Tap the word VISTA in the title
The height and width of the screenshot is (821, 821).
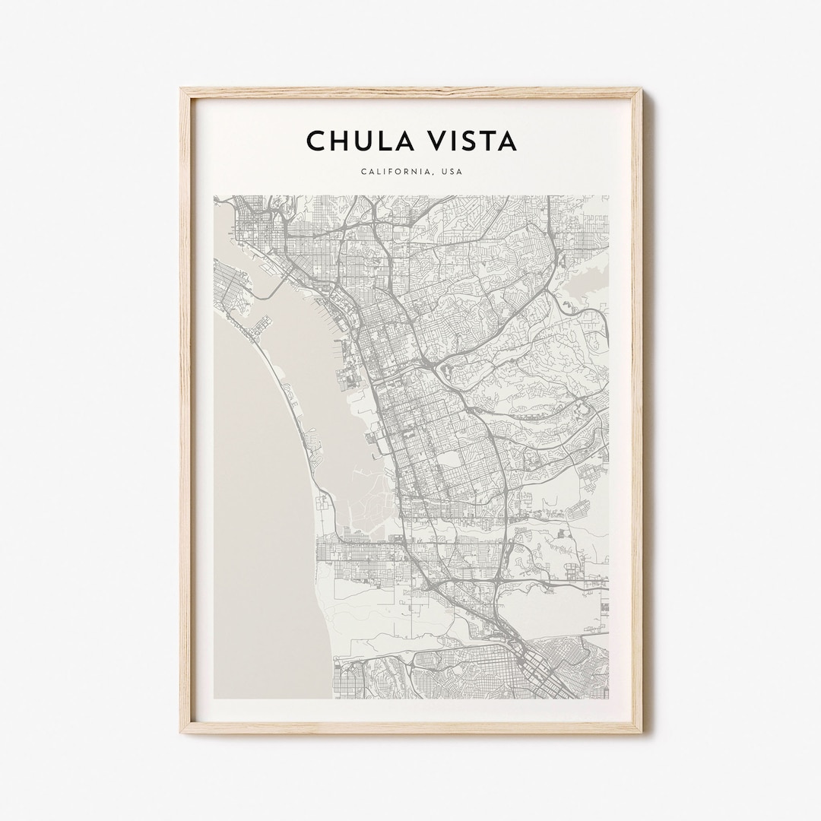pos(472,141)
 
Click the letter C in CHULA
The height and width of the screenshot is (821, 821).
pos(315,141)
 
